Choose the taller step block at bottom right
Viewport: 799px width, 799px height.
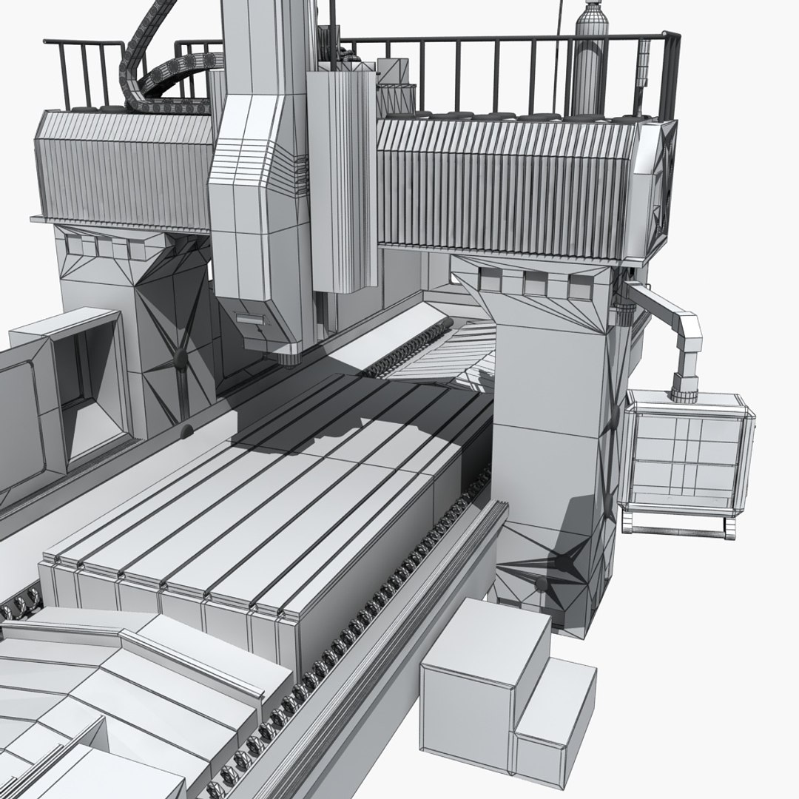485,681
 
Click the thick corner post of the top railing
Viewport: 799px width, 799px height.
672,74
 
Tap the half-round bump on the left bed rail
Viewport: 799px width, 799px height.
186,430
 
